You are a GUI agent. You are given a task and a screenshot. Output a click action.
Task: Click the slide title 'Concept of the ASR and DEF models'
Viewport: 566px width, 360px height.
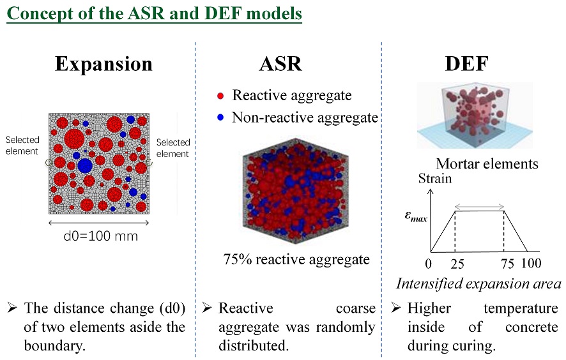(154, 13)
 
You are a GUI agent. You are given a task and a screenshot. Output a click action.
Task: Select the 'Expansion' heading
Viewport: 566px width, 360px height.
(103, 64)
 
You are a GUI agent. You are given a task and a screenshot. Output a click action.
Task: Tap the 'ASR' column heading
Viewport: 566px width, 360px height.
(280, 64)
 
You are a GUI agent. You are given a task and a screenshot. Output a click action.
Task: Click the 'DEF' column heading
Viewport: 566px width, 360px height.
(467, 64)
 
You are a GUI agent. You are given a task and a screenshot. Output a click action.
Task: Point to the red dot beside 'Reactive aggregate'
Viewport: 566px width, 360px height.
(220, 96)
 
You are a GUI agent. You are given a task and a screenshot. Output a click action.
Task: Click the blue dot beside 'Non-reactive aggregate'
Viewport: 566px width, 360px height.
(220, 117)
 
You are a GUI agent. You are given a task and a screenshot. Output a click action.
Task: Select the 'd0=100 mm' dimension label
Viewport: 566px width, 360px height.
(101, 236)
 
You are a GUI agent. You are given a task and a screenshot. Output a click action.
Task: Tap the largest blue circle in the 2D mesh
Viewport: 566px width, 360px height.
(85, 165)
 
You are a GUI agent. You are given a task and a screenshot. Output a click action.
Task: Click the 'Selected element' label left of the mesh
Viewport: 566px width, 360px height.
(22, 146)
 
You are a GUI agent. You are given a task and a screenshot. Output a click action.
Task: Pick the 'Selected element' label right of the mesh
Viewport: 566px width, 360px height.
(173, 148)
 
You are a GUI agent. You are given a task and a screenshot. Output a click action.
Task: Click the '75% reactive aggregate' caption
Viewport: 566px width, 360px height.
(296, 259)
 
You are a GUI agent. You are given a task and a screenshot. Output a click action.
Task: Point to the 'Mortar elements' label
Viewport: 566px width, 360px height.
(487, 164)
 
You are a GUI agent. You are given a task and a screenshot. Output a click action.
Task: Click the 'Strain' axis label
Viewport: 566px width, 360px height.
(435, 179)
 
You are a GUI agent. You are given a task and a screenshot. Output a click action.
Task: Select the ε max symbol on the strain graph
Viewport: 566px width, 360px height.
(416, 216)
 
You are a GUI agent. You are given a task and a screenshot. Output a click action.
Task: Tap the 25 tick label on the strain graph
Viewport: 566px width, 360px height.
(457, 264)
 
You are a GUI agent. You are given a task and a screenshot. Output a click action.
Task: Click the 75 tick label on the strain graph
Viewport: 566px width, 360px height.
(507, 264)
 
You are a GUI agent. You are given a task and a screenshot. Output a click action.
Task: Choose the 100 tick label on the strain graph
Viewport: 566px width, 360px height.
(532, 264)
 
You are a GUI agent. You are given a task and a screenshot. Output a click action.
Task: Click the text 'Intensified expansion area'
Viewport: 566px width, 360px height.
(478, 284)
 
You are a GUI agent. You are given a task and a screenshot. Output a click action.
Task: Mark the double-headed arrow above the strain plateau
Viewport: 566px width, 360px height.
(479, 206)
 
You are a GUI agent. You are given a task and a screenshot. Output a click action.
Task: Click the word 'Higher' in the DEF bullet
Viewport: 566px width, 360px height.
(429, 308)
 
